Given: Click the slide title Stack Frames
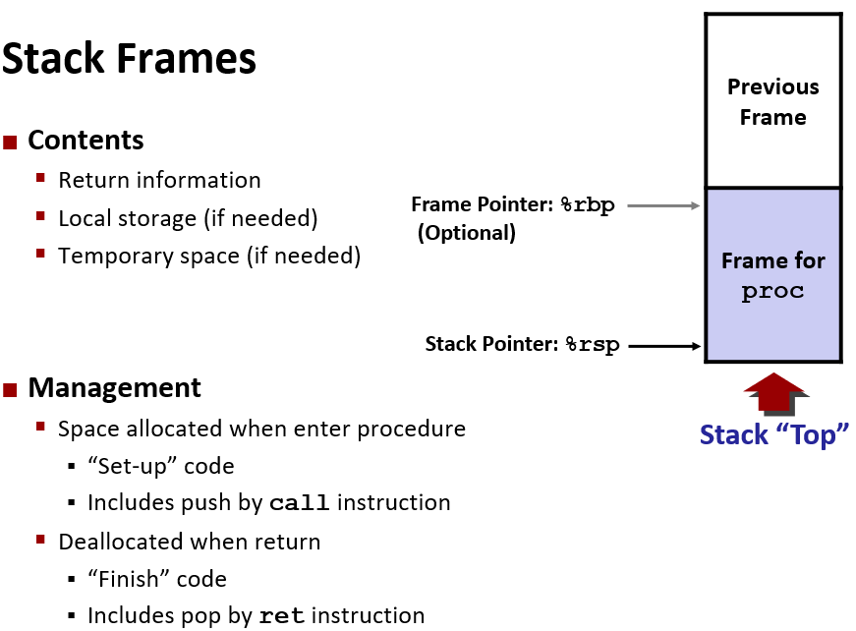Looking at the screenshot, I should (129, 59).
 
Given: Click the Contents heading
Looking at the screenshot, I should (86, 141).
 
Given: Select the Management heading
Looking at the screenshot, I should (114, 387).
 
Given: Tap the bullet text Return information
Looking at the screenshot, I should (159, 181).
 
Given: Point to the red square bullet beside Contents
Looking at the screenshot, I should (11, 142).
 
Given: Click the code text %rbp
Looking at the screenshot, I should (588, 206).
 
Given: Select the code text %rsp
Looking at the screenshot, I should (593, 345).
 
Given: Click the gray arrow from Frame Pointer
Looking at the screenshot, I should (662, 206).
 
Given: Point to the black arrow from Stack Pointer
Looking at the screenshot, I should (663, 345).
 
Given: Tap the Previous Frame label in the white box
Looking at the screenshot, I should (772, 102).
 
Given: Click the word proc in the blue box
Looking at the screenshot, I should (772, 292).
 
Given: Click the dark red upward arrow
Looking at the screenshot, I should (774, 392).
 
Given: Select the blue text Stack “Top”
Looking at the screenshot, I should (773, 434).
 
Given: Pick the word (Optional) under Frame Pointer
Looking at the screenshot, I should (467, 233).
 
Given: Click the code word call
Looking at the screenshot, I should (300, 503).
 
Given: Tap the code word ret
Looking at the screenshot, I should (282, 616).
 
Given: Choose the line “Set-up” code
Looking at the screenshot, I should (161, 466).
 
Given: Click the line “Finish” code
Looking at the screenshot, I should (157, 579).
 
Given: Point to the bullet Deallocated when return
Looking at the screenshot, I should (189, 542).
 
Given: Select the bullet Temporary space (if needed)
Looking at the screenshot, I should (209, 257).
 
